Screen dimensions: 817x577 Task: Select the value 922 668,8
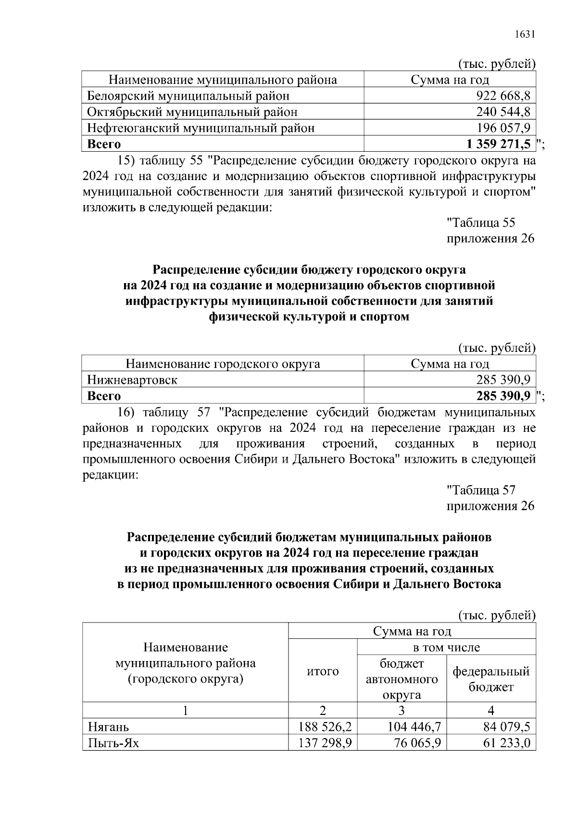(x=503, y=96)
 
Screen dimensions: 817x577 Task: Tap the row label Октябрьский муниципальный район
(x=192, y=112)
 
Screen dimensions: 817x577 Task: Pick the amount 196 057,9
(x=503, y=128)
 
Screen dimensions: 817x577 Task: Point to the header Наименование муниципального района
(x=222, y=80)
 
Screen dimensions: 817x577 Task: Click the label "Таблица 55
(x=481, y=223)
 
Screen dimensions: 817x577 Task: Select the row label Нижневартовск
(x=132, y=380)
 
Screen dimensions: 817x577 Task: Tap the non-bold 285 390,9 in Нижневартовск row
(x=503, y=380)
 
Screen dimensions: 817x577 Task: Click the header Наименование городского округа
(x=222, y=364)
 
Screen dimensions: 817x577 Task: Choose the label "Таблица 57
(x=481, y=491)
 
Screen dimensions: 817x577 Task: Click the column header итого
(x=323, y=671)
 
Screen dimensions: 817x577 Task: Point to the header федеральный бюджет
(x=491, y=679)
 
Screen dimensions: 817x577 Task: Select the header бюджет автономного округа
(x=402, y=679)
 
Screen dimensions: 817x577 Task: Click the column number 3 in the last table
(x=401, y=711)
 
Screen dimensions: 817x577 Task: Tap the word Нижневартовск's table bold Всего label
(x=104, y=396)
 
